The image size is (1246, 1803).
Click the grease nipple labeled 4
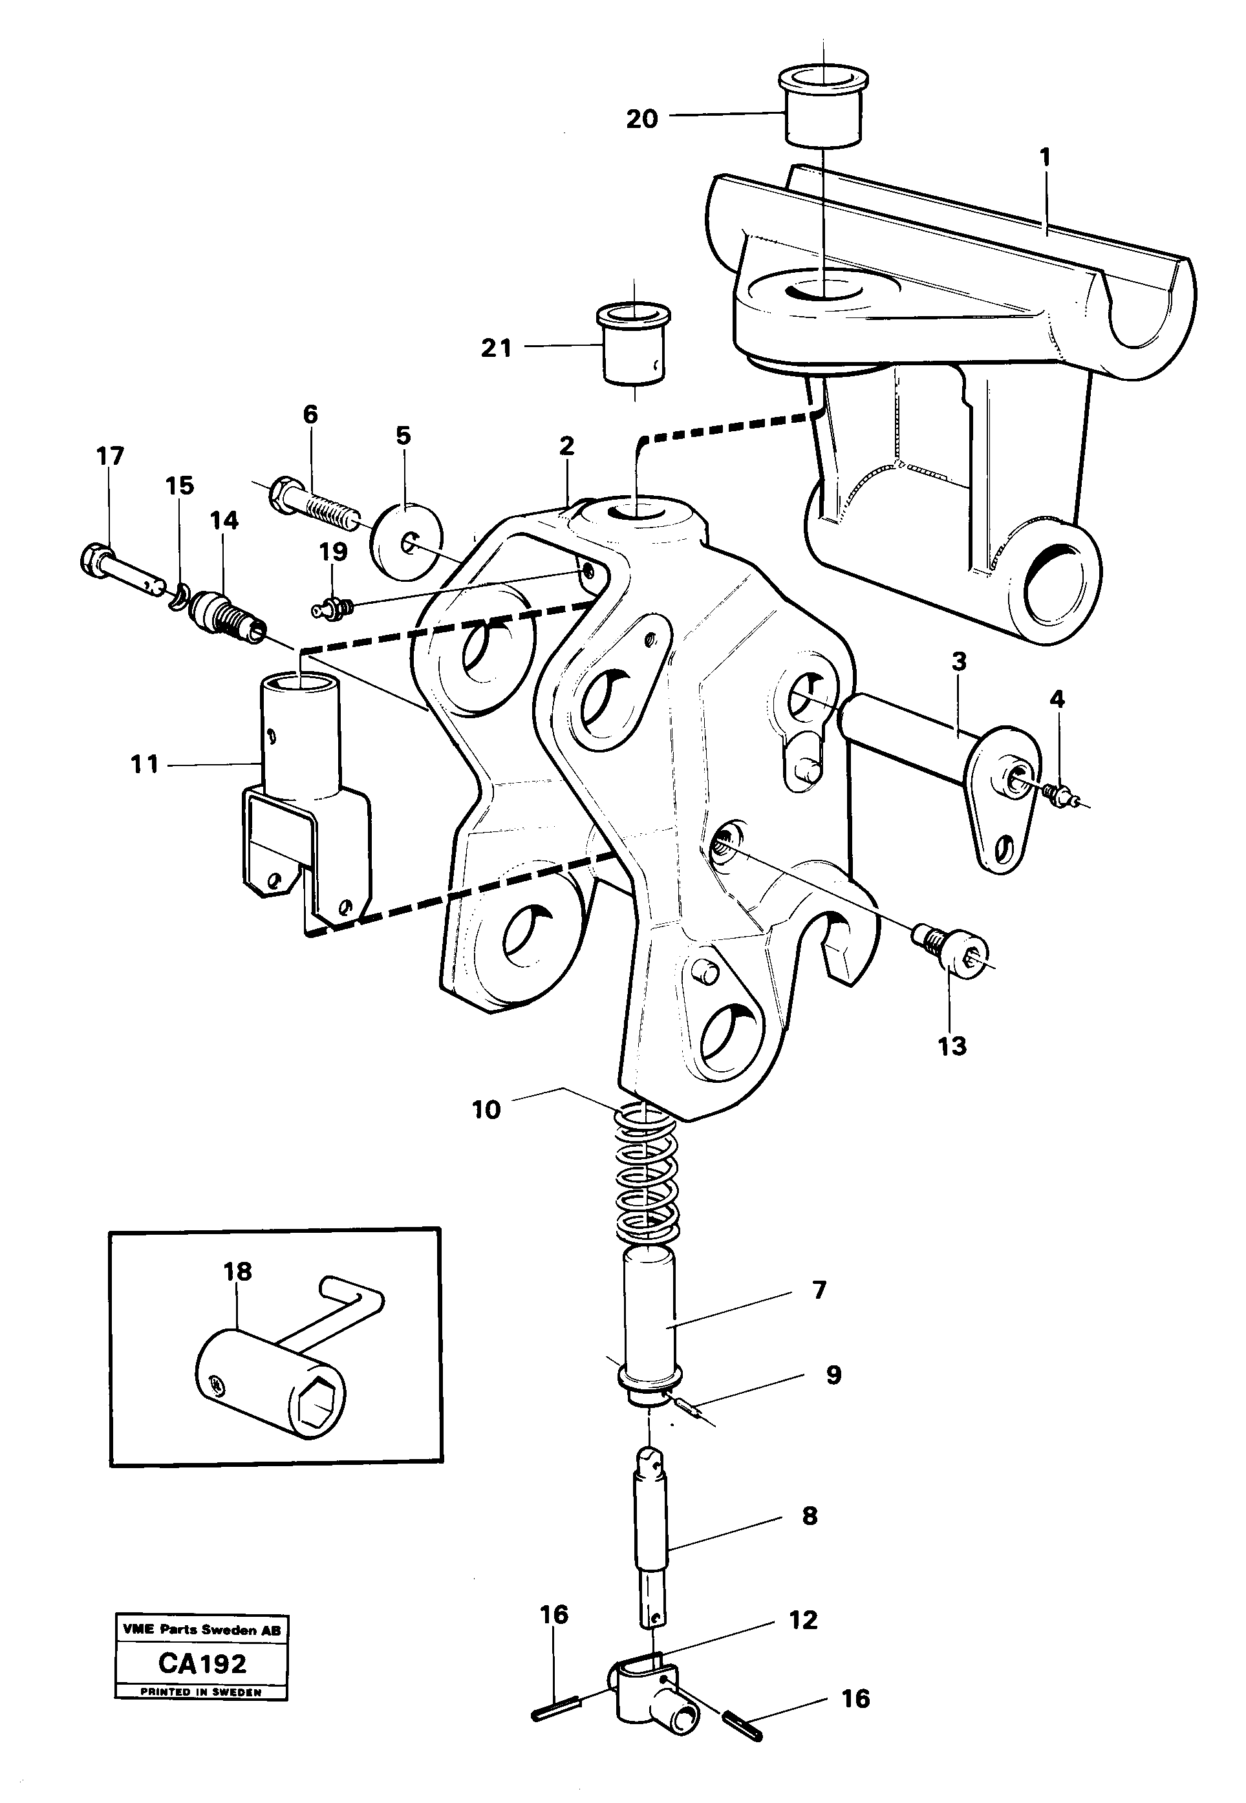coord(1061,795)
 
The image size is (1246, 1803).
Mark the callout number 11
coord(144,764)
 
